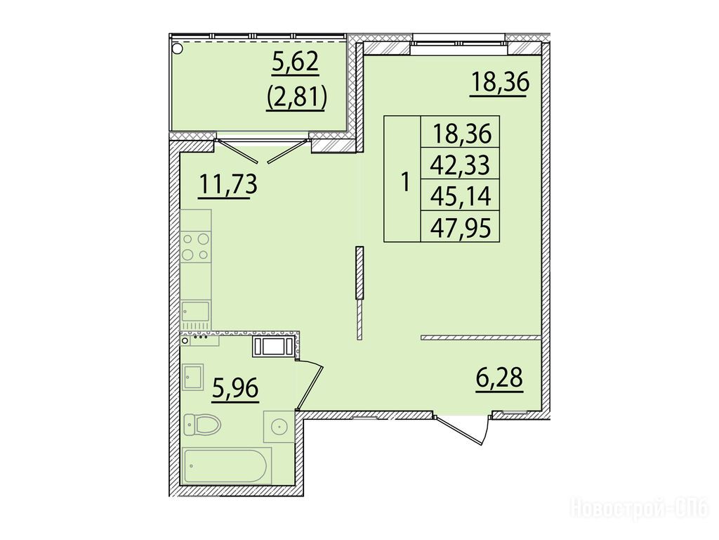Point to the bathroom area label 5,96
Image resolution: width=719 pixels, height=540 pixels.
coord(235,389)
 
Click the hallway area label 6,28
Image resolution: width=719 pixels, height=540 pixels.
coord(499,378)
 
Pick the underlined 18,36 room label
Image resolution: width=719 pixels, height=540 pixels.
coord(500,83)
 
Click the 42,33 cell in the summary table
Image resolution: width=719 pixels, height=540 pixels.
coord(461,165)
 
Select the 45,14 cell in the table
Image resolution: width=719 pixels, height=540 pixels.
coord(461,196)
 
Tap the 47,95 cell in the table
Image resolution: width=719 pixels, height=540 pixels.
coord(461,227)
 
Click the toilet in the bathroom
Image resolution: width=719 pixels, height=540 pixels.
coord(202,425)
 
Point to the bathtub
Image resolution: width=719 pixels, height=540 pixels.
coord(227,465)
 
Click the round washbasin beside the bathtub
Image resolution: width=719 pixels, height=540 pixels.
coord(279,427)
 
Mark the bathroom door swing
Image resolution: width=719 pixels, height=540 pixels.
coord(310,385)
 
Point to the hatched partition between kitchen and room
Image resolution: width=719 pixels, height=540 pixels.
coord(359,293)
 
